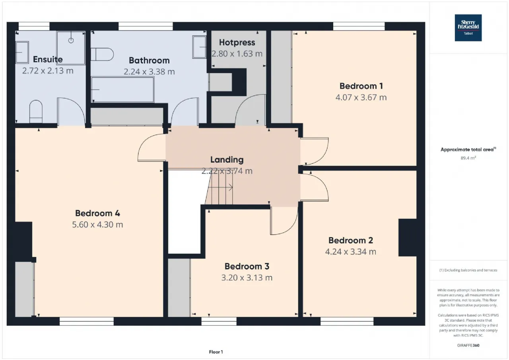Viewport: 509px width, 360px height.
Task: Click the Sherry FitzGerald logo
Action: click(468, 28)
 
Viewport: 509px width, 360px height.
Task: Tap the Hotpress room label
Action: click(237, 43)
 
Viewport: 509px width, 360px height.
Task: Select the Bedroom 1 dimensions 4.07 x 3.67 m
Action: click(361, 97)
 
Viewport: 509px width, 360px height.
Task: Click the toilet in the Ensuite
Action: click(36, 112)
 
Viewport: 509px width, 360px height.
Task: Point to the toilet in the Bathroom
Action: click(102, 54)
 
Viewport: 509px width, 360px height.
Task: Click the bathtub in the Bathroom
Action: click(123, 90)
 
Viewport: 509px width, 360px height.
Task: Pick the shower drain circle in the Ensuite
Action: click(71, 41)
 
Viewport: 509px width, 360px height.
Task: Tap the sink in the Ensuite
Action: click(22, 52)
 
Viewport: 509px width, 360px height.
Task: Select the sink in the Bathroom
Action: click(199, 47)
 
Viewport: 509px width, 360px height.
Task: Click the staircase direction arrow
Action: click(220, 188)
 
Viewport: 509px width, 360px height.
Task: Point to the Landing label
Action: click(227, 160)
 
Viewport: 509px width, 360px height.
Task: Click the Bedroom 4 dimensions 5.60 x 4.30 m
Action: click(97, 224)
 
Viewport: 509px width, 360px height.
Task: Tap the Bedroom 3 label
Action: click(247, 267)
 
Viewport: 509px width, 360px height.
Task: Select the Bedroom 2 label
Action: click(351, 240)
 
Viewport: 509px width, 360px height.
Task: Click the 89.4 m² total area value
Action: click(468, 158)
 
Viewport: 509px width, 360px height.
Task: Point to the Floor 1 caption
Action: click(216, 352)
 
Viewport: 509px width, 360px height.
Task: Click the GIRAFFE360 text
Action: click(468, 345)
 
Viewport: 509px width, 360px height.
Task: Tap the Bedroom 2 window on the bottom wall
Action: click(347, 321)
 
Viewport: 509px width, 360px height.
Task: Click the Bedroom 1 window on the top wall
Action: click(359, 26)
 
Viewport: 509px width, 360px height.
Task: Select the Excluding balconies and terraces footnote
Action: click(468, 270)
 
